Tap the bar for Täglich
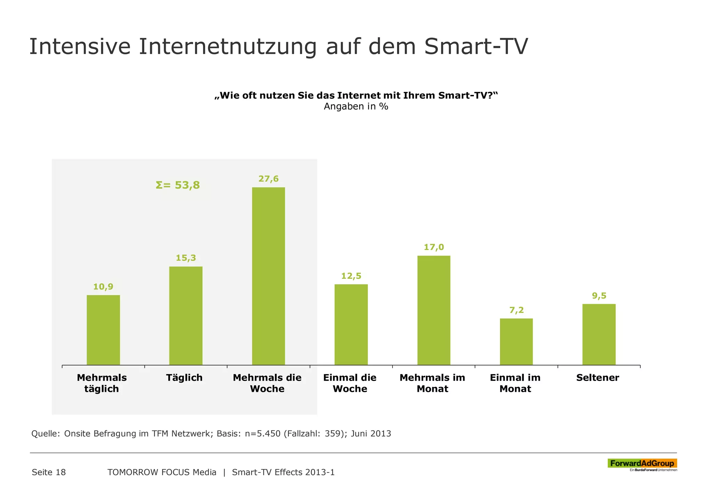point(186,315)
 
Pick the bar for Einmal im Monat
point(516,341)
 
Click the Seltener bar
point(599,334)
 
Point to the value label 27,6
point(268,179)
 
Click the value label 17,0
point(434,247)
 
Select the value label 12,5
point(351,276)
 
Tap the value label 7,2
point(516,310)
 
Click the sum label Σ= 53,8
point(178,185)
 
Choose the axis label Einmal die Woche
point(350,383)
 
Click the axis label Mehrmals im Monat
point(432,383)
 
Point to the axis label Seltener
point(598,378)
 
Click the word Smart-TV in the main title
point(476,47)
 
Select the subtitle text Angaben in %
point(356,106)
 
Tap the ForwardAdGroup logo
point(642,463)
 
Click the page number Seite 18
point(49,472)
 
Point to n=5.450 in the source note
point(262,434)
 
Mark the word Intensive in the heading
point(80,47)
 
